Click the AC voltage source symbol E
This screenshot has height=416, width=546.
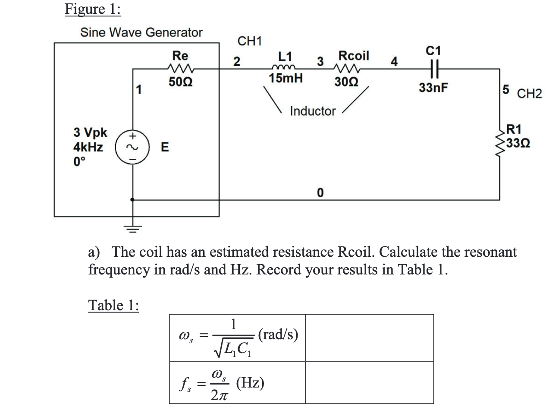[132, 147]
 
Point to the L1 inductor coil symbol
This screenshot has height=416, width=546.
[284, 67]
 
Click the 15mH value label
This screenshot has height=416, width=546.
[286, 79]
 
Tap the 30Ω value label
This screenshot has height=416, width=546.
[346, 82]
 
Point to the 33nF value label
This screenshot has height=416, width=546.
[433, 88]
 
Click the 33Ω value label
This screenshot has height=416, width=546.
[518, 143]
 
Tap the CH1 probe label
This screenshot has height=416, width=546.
[250, 41]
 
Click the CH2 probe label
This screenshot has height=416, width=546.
[529, 94]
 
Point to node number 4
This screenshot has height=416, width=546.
[394, 62]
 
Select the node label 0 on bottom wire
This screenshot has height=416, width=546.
[320, 192]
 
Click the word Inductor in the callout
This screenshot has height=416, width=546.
[313, 111]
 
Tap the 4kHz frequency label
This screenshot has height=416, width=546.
[88, 147]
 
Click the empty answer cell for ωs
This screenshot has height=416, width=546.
[369, 338]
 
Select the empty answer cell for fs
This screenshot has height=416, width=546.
[369, 382]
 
